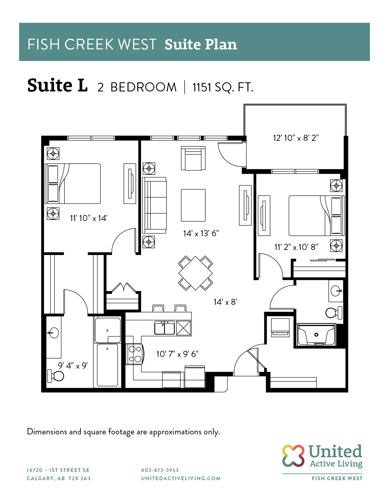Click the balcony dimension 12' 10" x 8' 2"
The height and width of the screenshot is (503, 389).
[x=296, y=138]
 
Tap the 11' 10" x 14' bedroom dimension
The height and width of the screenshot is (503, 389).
[x=88, y=218]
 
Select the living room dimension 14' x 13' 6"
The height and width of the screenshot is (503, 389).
[x=201, y=233]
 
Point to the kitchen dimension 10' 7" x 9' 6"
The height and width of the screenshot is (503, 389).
[x=177, y=354]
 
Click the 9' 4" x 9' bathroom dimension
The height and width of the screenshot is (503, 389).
[x=73, y=366]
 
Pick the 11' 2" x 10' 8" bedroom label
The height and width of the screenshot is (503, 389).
[x=296, y=247]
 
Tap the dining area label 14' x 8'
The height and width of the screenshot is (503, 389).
[x=225, y=302]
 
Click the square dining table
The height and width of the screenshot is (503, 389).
[x=195, y=273]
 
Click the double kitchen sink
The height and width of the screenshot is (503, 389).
[x=164, y=328]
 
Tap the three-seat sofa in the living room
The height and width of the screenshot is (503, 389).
[x=155, y=205]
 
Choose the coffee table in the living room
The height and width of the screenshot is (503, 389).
[x=193, y=205]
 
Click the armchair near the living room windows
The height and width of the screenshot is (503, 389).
[x=193, y=158]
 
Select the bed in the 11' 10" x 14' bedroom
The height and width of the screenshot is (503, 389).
[x=73, y=184]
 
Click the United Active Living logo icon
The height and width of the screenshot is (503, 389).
[x=293, y=456]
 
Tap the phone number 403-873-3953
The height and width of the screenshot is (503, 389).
[x=160, y=470]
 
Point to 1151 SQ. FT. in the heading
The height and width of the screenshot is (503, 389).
[x=223, y=87]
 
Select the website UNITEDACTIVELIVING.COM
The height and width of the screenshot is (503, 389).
[x=181, y=478]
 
